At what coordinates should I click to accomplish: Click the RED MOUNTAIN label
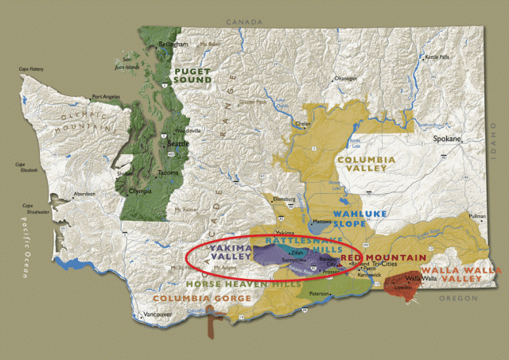[x=375, y=258]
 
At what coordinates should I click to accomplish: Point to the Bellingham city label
[x=174, y=44]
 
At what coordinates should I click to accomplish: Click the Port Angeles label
[x=105, y=97]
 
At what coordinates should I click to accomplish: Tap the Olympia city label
[x=140, y=192]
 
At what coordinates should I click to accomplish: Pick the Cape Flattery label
[x=31, y=70]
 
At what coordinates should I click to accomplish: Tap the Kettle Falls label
[x=437, y=57]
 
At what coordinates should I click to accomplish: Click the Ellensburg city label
[x=284, y=199]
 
